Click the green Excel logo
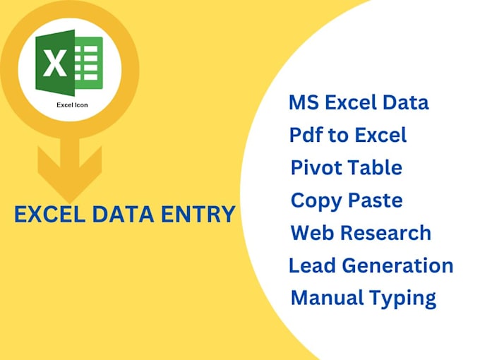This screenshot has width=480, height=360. pos(69,64)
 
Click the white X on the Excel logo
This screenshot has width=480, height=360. pos(55,65)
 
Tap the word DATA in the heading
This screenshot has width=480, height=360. pos(121,214)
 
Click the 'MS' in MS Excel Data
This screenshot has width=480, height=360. pos(303,102)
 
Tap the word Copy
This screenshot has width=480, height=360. pos(314,201)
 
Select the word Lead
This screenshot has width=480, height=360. pos(311,265)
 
